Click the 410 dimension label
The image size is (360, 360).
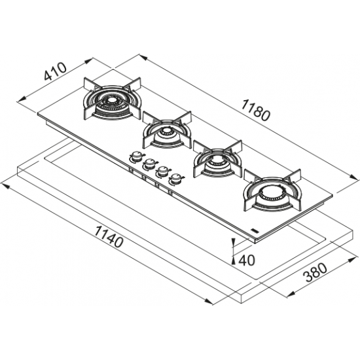[x=55, y=71]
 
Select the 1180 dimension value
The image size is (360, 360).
[x=255, y=111]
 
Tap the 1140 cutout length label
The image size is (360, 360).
[x=109, y=236]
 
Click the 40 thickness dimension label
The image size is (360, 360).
[x=247, y=261]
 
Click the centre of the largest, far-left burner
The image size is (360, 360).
[x=112, y=100]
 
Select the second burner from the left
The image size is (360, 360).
[x=167, y=132]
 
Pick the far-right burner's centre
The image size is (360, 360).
[x=272, y=192]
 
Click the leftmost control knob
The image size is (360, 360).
[x=137, y=157]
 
